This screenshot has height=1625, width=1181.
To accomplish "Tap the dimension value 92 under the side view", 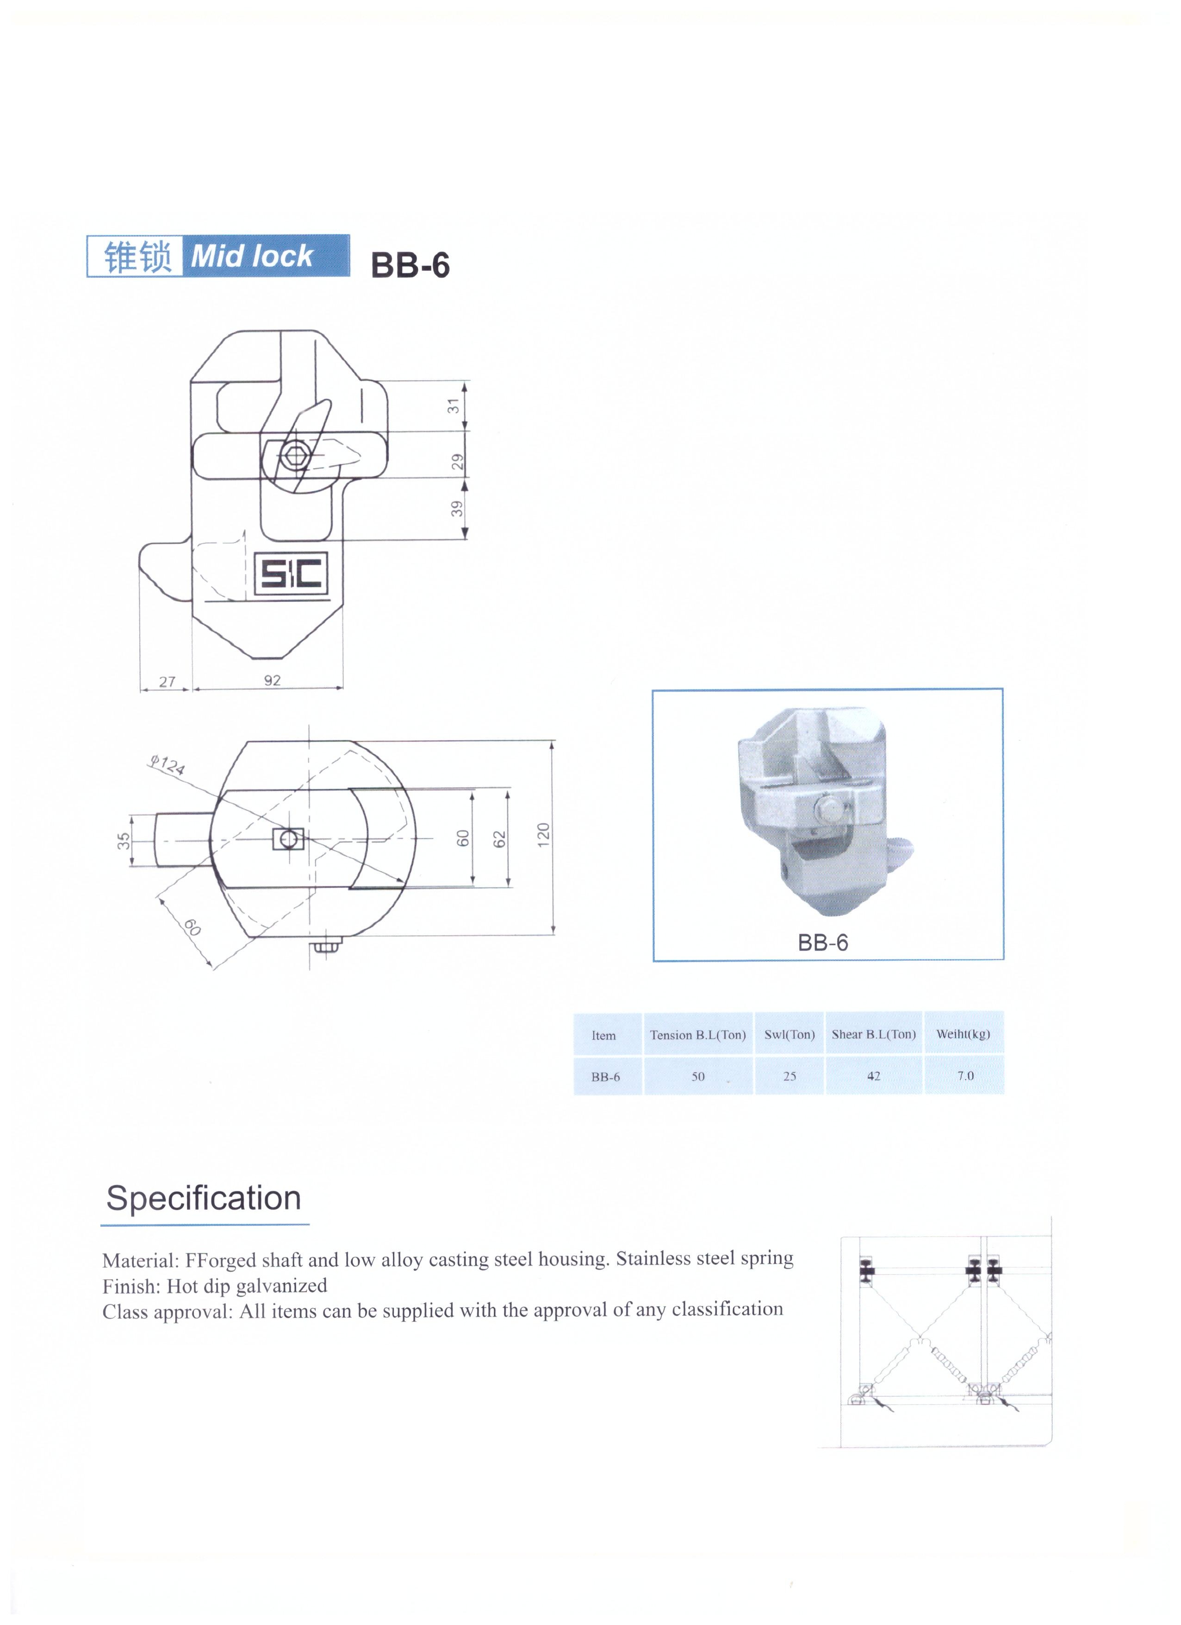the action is [272, 680].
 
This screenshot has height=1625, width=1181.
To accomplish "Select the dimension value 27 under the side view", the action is [167, 681].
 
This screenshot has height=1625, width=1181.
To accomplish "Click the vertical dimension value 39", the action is [457, 509].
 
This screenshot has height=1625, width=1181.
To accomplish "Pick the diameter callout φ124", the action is [167, 764].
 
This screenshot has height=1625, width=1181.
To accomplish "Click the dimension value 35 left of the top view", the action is [124, 840].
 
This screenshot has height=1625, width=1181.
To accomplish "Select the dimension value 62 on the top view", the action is [499, 838].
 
